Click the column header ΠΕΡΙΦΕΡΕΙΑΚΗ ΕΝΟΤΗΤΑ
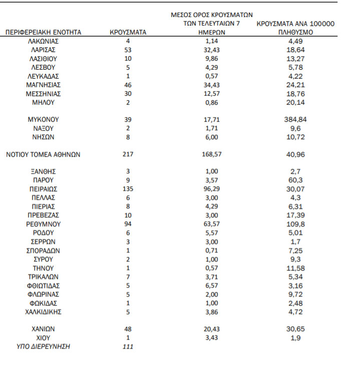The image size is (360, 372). click(x=43, y=33)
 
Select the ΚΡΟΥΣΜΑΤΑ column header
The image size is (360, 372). click(x=128, y=33)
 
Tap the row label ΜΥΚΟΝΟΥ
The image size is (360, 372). click(x=43, y=120)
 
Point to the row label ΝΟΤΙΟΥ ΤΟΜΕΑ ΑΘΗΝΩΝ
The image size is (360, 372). click(x=43, y=155)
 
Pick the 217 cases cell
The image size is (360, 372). click(x=128, y=155)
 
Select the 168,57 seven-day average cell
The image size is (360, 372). click(x=210, y=155)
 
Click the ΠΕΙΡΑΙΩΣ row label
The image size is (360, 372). click(x=43, y=189)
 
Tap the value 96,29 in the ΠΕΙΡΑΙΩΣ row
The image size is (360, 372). click(x=210, y=189)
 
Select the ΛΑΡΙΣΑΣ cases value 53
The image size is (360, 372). click(x=128, y=50)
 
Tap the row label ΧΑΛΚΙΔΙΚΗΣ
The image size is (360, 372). click(x=43, y=311)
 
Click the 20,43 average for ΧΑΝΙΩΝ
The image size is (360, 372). click(x=210, y=329)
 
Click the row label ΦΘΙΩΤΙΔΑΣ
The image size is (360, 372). click(x=43, y=285)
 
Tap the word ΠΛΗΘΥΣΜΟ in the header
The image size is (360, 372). click(x=295, y=33)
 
